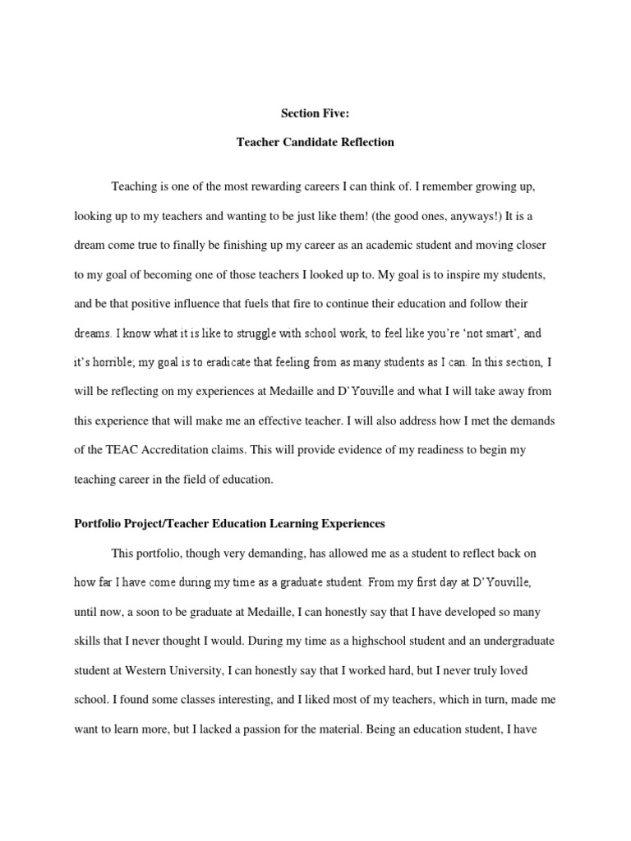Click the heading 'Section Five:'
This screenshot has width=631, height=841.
click(x=315, y=113)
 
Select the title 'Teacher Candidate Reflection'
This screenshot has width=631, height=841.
click(x=315, y=142)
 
